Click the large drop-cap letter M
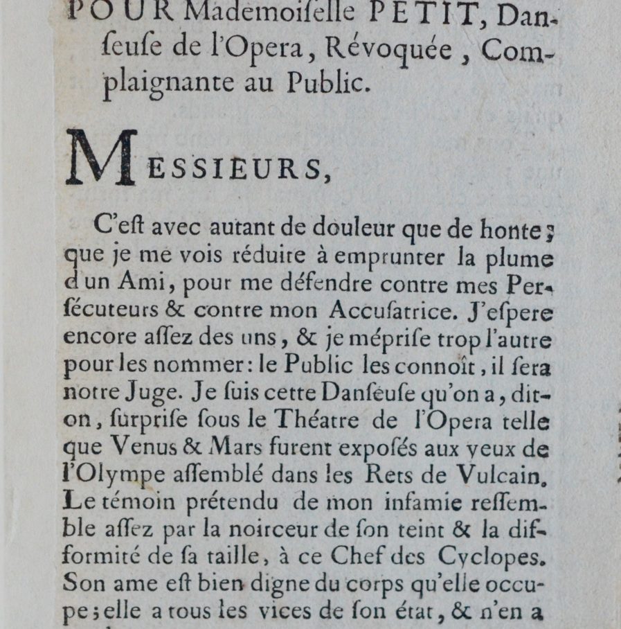[100, 158]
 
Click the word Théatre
[321, 420]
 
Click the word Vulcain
[507, 475]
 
